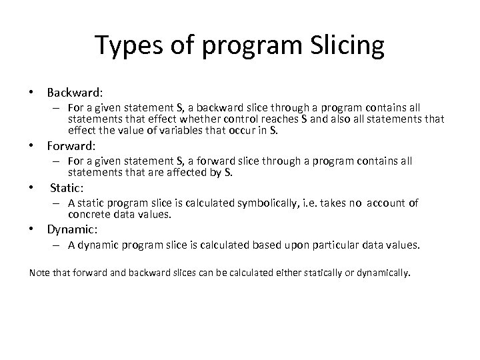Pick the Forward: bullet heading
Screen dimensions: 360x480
pos(71,145)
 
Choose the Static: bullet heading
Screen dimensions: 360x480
pos(67,189)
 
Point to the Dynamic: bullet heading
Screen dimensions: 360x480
pos(72,229)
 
